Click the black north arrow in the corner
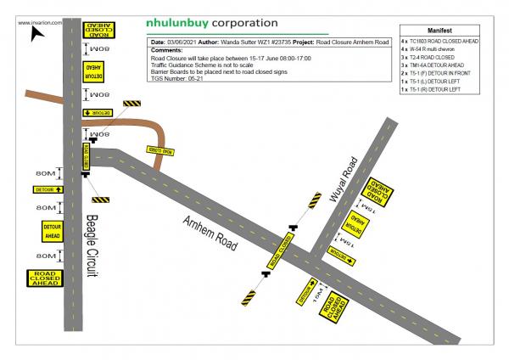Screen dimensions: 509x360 [x=36, y=34]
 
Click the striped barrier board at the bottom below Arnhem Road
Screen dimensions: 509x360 [x=248, y=298]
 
